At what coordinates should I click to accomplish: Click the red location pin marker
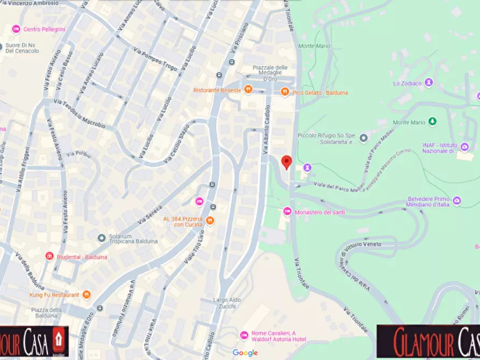point(287,162)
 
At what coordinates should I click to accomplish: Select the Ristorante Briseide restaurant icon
point(248,90)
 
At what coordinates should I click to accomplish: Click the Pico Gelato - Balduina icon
point(284,92)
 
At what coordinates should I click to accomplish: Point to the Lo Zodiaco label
point(405,83)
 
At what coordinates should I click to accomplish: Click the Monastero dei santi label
point(320,212)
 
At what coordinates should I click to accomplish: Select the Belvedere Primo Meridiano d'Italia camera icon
point(456,200)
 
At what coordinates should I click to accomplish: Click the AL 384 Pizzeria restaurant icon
point(210,220)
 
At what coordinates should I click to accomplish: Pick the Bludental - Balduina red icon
point(49,256)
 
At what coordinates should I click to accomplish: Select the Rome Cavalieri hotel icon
point(244,335)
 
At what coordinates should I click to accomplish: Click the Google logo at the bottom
point(245,352)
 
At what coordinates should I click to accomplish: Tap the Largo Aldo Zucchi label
point(227,303)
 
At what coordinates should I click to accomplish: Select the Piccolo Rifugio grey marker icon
point(363,138)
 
